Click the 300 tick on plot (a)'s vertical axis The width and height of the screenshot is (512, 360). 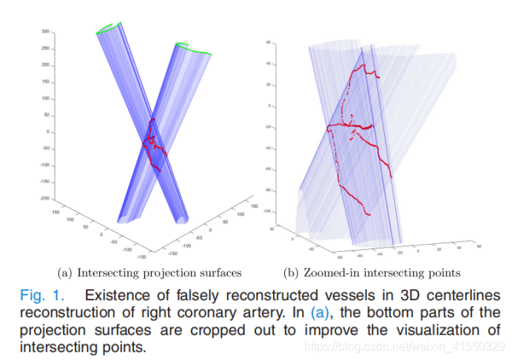45,32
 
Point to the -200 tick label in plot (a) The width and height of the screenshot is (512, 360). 44,199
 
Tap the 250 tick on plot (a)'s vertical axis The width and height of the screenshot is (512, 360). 45,48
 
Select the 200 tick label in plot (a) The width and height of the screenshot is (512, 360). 45,65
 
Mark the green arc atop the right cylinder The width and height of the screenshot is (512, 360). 193,50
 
